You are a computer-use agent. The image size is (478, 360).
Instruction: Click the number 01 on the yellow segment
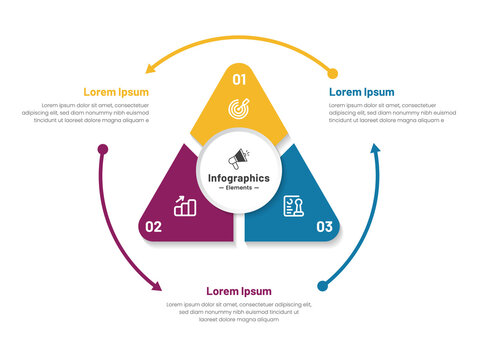[x=239, y=79]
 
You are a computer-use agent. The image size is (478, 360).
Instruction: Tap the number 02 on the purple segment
[x=153, y=226]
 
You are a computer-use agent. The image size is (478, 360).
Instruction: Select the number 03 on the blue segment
[x=324, y=226]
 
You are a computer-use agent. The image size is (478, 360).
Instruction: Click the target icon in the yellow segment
[x=239, y=107]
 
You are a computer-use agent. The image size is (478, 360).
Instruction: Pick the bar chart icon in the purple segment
[x=185, y=206]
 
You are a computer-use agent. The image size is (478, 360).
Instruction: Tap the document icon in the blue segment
[x=293, y=205]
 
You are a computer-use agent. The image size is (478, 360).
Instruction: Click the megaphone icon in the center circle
[x=239, y=158]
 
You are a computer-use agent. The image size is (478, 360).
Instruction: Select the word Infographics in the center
[x=238, y=178]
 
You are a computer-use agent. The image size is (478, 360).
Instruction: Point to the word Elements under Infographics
[x=238, y=188]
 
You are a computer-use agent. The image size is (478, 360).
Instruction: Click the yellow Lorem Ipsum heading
[x=116, y=91]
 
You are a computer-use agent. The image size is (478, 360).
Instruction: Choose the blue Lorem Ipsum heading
[x=362, y=91]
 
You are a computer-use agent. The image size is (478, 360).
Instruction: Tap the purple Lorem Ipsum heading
[x=238, y=291]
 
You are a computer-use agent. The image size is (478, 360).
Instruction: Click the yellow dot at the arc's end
[x=332, y=73]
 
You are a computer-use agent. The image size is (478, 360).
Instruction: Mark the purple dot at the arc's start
[x=102, y=150]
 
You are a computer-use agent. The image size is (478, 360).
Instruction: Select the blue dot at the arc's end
[x=322, y=285]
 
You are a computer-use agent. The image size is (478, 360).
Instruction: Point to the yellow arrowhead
[x=149, y=69]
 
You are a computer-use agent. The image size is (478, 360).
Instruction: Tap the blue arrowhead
[x=376, y=149]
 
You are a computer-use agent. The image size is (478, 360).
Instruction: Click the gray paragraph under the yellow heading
[x=96, y=113]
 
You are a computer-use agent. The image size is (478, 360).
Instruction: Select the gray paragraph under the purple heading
[x=238, y=312]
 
